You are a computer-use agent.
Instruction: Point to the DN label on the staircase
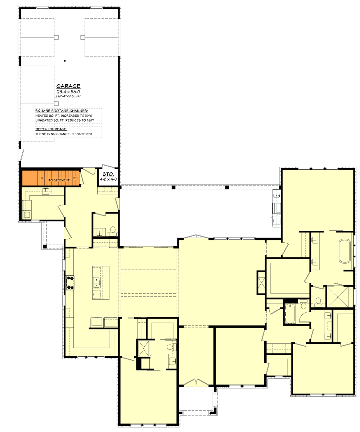pyautogui.click(x=75, y=178)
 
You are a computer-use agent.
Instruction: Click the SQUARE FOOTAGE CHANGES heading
pyautogui.click(x=56, y=111)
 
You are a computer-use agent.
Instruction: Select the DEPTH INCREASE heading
pyautogui.click(x=51, y=129)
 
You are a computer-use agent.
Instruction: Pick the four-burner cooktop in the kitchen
pyautogui.click(x=70, y=283)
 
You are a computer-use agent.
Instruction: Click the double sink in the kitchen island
pyautogui.click(x=97, y=283)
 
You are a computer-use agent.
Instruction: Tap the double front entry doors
pyautogui.click(x=196, y=382)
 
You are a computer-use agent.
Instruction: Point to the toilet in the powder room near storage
pyautogui.click(x=113, y=229)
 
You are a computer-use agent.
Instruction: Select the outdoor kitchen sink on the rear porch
pyautogui.click(x=276, y=196)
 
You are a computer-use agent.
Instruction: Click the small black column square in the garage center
pyautogui.click(x=64, y=61)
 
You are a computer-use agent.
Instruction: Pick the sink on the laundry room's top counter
pyautogui.click(x=46, y=191)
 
